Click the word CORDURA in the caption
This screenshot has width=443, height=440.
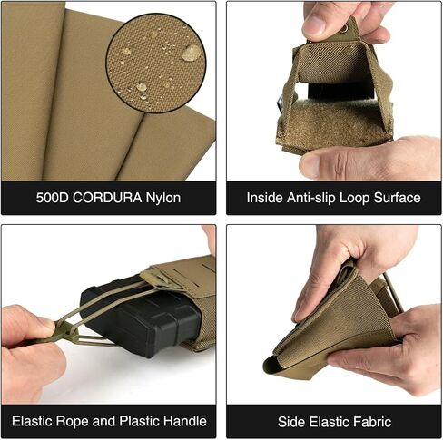tap(107, 198)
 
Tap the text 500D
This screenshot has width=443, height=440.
tap(53, 198)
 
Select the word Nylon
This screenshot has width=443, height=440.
tap(163, 198)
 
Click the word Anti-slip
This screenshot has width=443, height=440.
tap(311, 198)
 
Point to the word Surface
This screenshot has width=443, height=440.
tap(397, 198)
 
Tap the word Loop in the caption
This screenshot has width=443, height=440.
tap(355, 198)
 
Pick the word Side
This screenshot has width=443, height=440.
tap(290, 422)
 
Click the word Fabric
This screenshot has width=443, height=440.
tap(372, 422)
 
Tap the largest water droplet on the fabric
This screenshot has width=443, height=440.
tap(192, 53)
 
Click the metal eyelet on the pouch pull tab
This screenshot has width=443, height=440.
tap(344, 29)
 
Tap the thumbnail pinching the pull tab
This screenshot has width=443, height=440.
tap(315, 24)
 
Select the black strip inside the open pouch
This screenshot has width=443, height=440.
tap(340, 91)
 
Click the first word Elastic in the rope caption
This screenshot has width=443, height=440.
tap(33, 421)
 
